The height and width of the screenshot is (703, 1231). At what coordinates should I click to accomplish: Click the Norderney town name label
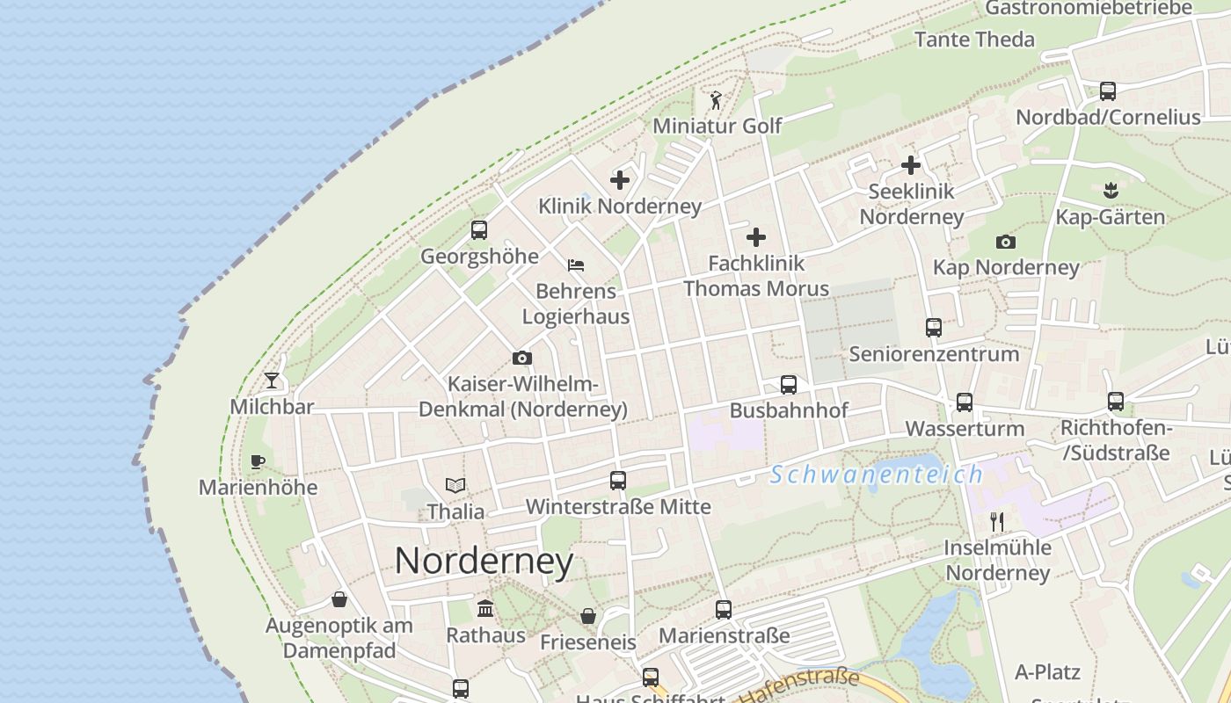(484, 561)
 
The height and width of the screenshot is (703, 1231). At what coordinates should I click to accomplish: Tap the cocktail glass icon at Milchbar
(272, 380)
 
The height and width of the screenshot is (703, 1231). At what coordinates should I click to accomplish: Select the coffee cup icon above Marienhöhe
(257, 461)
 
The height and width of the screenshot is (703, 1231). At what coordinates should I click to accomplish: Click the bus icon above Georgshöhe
(479, 230)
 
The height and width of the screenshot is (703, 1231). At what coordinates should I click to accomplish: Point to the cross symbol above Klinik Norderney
(620, 180)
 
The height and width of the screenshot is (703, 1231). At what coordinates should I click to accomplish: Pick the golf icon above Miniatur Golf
(716, 100)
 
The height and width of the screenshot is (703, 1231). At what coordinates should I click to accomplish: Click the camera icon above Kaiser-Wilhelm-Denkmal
(522, 359)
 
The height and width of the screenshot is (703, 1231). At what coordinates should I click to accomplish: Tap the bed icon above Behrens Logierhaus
(576, 265)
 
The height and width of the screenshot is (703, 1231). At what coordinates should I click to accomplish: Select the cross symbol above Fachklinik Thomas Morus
(756, 237)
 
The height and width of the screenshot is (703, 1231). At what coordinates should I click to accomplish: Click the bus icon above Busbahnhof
(789, 385)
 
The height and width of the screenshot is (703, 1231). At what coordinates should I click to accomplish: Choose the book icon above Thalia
(455, 485)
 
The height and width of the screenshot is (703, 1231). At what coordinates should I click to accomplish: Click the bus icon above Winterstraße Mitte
(618, 481)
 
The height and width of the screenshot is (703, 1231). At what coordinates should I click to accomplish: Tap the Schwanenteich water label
(877, 475)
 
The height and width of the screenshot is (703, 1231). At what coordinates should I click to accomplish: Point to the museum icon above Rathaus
(485, 609)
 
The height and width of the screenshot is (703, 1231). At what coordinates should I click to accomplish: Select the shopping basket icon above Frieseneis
(587, 616)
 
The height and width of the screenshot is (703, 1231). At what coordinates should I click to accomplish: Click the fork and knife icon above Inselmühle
(997, 522)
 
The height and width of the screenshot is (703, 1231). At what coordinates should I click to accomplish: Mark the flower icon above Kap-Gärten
(1111, 190)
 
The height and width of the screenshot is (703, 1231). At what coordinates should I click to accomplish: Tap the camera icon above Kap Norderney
(1006, 242)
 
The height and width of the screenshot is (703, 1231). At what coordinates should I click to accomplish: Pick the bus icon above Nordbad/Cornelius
(1108, 91)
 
